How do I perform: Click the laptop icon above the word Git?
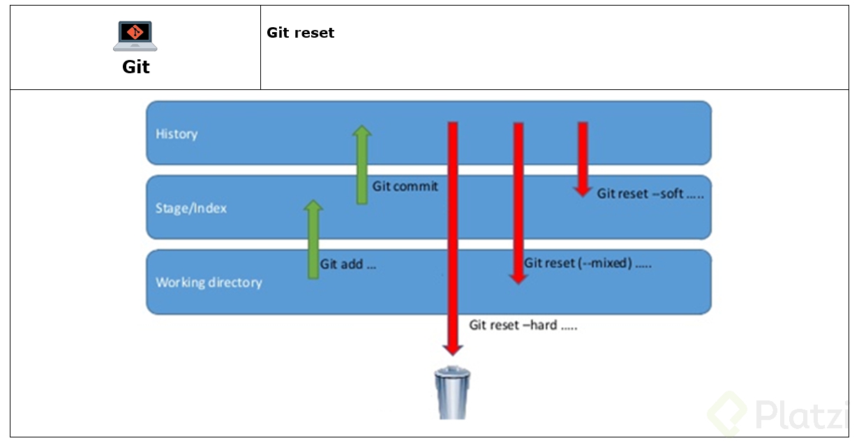[x=135, y=36]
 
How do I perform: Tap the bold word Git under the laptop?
[x=136, y=67]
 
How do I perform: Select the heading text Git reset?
[x=300, y=33]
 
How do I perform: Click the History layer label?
[x=177, y=134]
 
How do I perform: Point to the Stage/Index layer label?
[x=191, y=208]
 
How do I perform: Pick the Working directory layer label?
[x=209, y=283]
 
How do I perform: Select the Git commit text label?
[x=405, y=186]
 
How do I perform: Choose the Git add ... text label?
[x=348, y=265]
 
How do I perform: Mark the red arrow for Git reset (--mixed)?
[x=518, y=202]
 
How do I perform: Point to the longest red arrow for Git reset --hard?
[x=452, y=237]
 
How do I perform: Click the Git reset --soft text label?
[x=650, y=194]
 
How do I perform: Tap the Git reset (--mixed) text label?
[x=588, y=264]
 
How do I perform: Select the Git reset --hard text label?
[x=523, y=325]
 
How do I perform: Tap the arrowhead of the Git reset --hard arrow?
[x=452, y=347]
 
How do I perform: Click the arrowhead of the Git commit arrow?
[x=361, y=133]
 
